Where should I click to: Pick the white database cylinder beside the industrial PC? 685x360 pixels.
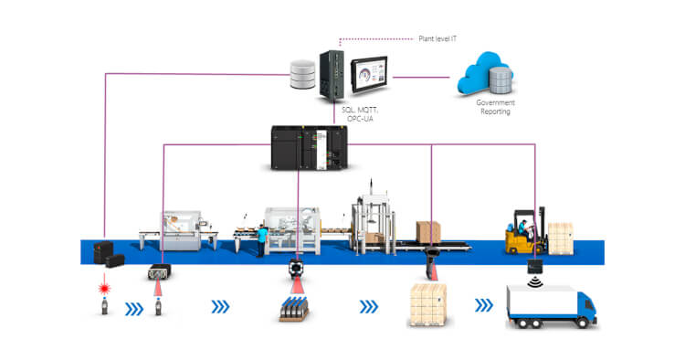(301, 77)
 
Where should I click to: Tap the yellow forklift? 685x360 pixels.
(525, 235)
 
